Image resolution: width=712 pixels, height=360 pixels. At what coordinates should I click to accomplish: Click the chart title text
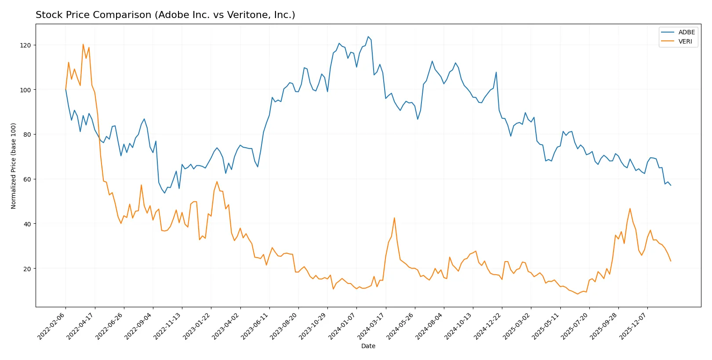pos(165,15)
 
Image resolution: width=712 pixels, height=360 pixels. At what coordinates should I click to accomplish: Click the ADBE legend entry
pos(686,32)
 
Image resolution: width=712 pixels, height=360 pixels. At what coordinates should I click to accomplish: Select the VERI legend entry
pos(685,41)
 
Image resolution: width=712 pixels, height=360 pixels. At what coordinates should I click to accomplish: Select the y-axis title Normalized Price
pos(14,166)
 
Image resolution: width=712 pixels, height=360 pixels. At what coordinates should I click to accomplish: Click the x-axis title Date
pos(368,346)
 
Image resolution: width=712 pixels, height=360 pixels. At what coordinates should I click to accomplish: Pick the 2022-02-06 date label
pos(52,326)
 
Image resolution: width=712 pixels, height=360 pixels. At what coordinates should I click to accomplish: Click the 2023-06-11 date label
pos(255,326)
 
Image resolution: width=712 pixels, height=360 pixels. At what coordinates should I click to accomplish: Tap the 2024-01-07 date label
pos(342,326)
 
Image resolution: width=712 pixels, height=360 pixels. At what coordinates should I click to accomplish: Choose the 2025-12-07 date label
pos(633,326)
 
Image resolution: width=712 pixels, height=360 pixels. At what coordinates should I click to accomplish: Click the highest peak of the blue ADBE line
pos(368,36)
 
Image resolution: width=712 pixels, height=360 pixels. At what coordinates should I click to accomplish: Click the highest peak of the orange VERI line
pos(83,44)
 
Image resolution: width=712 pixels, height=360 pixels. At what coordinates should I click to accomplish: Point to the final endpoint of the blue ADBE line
pos(671,185)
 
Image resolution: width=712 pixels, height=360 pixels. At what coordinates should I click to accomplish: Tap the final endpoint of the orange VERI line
pos(671,261)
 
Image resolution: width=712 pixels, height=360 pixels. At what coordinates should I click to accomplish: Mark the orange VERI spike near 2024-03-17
pos(394,218)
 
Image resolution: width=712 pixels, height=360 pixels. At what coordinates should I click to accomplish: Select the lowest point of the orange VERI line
pos(578,294)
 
